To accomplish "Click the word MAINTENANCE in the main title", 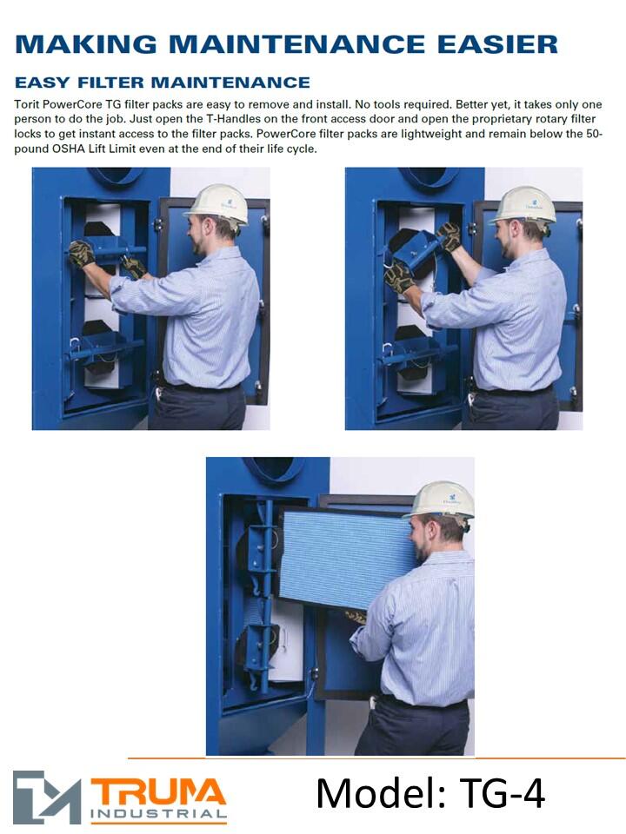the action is pyautogui.click(x=296, y=44).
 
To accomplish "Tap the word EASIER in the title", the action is pyautogui.click(x=497, y=44).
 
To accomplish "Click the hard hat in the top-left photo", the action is pyautogui.click(x=217, y=204).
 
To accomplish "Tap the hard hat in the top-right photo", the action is pyautogui.click(x=523, y=205).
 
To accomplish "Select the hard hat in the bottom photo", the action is pyautogui.click(x=441, y=501).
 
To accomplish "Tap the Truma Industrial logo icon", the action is pyautogui.click(x=47, y=797).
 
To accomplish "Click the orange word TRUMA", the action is pyautogui.click(x=158, y=792).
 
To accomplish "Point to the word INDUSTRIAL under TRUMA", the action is pyautogui.click(x=158, y=814).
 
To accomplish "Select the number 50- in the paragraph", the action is pyautogui.click(x=594, y=134).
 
